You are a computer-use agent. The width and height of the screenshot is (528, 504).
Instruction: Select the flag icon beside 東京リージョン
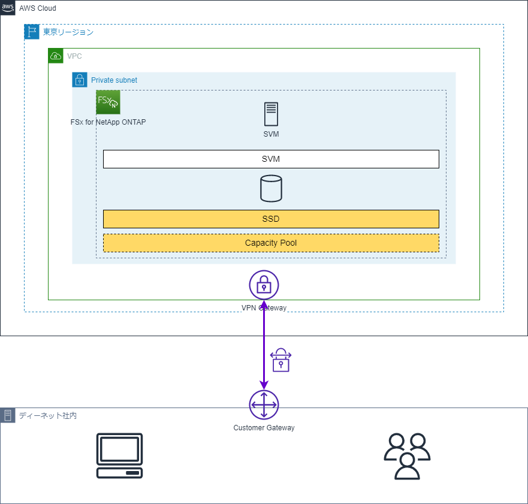click(32, 32)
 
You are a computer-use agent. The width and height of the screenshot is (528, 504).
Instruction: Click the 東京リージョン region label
click(68, 32)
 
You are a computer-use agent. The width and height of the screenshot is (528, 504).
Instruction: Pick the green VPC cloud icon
click(56, 56)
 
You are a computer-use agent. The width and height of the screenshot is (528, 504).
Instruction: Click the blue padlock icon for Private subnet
click(80, 80)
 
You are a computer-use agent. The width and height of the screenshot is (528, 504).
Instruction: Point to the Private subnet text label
click(114, 80)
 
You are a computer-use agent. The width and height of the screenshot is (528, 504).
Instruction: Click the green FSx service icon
click(108, 102)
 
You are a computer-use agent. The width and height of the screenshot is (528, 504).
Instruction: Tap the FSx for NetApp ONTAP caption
click(108, 122)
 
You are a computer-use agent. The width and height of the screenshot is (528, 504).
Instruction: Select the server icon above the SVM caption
click(271, 114)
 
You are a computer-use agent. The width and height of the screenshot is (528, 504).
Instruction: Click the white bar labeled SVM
click(271, 159)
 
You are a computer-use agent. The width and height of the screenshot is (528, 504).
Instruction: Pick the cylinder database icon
click(271, 188)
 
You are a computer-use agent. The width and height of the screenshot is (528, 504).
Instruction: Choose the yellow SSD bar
click(271, 219)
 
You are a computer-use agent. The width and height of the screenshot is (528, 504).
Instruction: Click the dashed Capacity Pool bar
click(271, 243)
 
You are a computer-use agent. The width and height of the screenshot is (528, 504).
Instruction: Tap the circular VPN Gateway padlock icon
click(264, 285)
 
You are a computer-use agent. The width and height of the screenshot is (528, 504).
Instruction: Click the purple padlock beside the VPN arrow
click(280, 360)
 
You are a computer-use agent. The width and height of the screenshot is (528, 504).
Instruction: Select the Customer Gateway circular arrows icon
click(264, 405)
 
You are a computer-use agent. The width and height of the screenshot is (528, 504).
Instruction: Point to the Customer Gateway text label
click(264, 428)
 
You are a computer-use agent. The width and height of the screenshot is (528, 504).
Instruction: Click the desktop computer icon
click(120, 455)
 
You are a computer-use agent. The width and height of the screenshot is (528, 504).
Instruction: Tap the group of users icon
click(407, 456)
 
